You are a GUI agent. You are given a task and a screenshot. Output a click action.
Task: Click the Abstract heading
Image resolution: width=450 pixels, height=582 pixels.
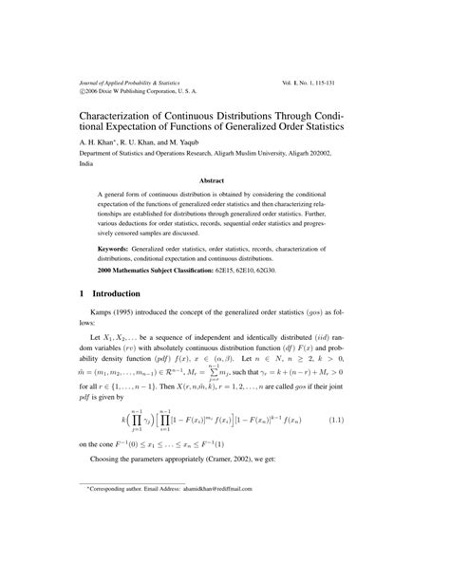[x=225, y=178]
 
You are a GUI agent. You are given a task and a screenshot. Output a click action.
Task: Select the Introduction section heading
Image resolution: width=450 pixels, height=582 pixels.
[x=127, y=294]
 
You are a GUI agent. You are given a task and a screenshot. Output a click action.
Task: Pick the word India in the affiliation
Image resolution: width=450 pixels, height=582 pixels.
[x=87, y=162]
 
